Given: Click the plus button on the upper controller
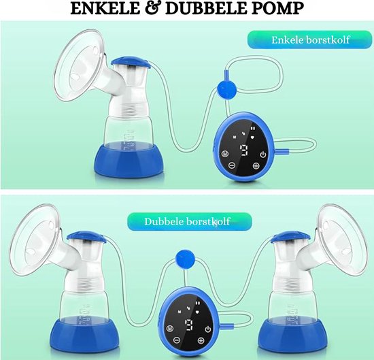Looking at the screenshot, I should pos(256,166).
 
